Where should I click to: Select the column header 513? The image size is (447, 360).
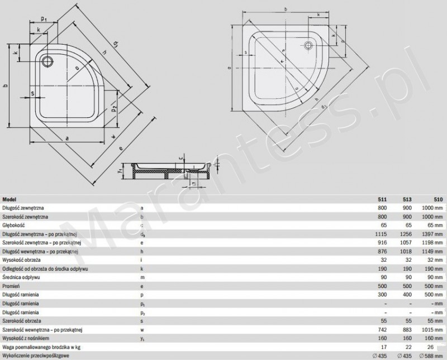(407, 199)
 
